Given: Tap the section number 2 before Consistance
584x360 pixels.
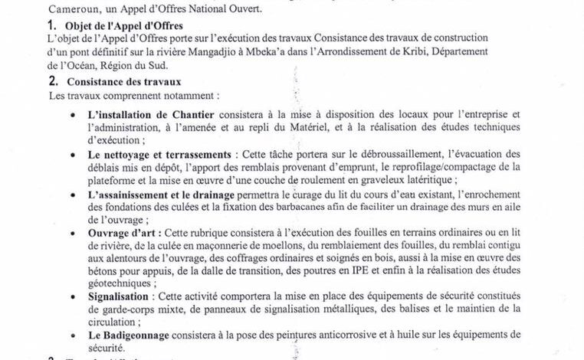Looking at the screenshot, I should (51, 81).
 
